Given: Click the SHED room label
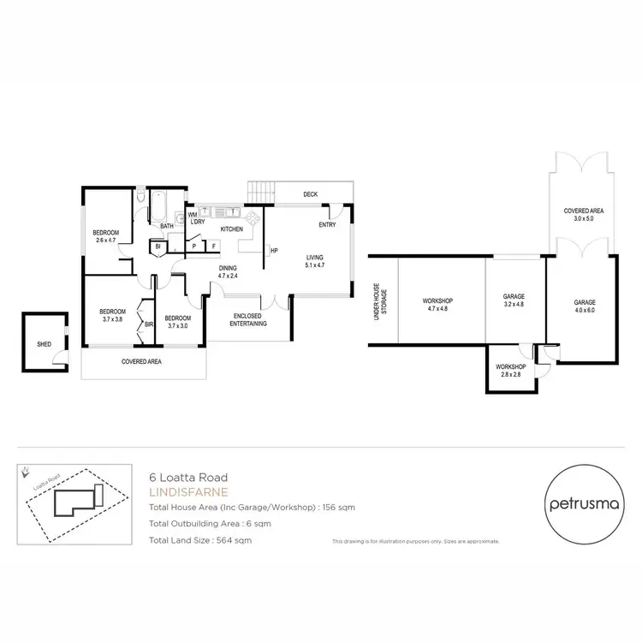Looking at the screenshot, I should pyautogui.click(x=44, y=344).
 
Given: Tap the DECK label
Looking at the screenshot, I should pyautogui.click(x=310, y=195).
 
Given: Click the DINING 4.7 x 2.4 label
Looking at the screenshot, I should pyautogui.click(x=227, y=272).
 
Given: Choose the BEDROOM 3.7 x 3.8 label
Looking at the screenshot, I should pyautogui.click(x=112, y=315).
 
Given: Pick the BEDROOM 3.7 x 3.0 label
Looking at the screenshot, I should pyautogui.click(x=178, y=322).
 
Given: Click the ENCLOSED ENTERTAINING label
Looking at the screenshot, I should pyautogui.click(x=249, y=320).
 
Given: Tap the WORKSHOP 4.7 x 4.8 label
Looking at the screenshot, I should pyautogui.click(x=437, y=305).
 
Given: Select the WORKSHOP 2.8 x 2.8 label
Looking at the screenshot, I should pyautogui.click(x=511, y=371).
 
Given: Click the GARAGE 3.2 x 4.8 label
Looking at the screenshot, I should pyautogui.click(x=514, y=300).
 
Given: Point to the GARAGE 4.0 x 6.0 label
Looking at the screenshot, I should pyautogui.click(x=585, y=306).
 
